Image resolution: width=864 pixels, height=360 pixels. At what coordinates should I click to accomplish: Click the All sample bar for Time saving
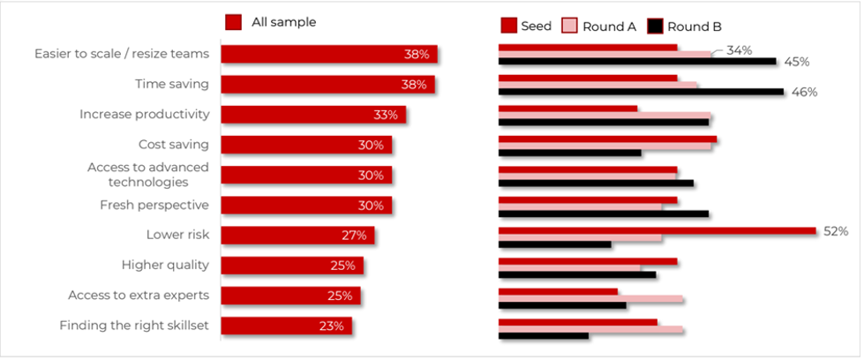327,85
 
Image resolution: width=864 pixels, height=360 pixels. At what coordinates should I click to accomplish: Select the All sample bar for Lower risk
297,236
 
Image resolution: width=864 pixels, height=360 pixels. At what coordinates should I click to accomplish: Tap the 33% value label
386,115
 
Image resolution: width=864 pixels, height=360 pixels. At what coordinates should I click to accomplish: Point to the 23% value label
331,326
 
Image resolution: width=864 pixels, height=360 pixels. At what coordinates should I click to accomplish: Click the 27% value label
354,236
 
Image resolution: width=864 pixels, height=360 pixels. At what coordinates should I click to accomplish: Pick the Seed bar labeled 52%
657,231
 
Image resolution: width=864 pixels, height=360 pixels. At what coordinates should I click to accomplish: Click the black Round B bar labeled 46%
641,92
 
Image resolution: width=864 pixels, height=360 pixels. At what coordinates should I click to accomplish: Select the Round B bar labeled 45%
637,62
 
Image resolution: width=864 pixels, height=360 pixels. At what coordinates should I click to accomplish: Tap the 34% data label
739,50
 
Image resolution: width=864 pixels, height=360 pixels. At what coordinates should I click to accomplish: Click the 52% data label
836,231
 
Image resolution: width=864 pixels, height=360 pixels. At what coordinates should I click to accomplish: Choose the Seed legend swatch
507,26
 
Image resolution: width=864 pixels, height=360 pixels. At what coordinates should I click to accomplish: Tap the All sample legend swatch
234,22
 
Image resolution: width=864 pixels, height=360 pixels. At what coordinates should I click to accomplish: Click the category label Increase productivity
144,114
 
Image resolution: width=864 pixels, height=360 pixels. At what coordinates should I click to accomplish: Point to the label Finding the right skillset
133,326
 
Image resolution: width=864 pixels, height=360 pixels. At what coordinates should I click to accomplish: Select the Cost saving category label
173,145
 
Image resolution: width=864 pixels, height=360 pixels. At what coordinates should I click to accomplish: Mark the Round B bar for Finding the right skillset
543,335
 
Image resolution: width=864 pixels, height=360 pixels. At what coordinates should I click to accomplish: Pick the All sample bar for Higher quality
291,266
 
